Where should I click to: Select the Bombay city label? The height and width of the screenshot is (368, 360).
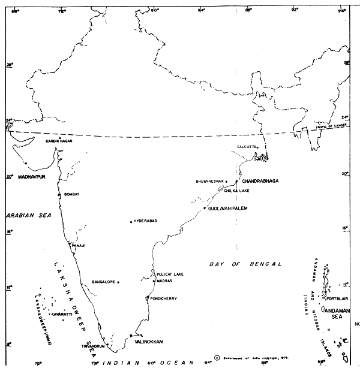point(71,194)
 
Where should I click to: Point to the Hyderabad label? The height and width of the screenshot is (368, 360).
point(145,221)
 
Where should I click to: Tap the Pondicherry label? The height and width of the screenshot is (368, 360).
point(164,298)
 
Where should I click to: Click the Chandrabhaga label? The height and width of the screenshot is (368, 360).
point(261,180)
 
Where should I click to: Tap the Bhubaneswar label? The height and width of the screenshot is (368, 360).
point(209,181)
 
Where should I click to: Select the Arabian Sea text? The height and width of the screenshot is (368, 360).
point(25,214)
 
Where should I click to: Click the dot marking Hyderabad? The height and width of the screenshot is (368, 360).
point(131,222)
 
